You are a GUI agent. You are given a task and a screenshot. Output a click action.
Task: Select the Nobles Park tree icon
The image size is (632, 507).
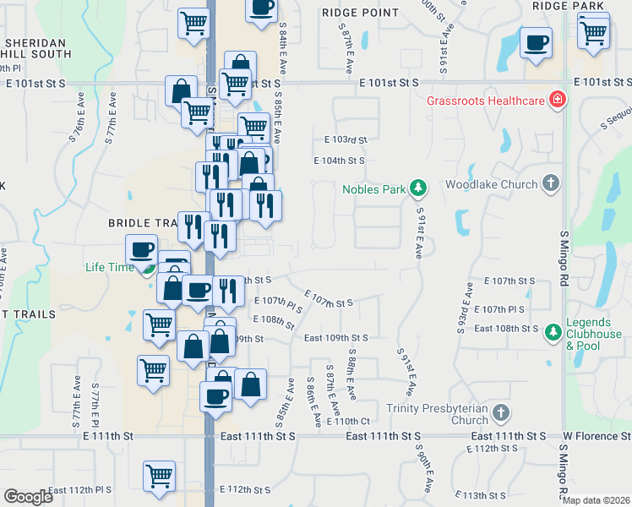click(417, 187)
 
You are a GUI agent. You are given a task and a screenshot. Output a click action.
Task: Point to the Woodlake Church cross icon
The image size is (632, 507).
click(550, 183)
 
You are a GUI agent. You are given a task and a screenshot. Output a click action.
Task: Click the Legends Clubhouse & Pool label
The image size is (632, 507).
click(589, 334)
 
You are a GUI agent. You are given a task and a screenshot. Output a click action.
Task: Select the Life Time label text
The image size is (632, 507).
click(110, 268)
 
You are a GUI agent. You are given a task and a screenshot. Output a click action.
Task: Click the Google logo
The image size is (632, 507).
click(28, 497)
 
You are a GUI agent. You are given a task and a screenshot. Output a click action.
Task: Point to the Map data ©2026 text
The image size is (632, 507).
click(595, 500)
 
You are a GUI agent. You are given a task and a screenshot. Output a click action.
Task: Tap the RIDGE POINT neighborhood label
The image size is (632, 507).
click(360, 13)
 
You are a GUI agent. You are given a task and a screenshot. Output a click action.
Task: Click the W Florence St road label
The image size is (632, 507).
click(597, 436)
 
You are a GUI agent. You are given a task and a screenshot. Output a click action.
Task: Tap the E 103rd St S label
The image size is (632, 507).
click(346, 139)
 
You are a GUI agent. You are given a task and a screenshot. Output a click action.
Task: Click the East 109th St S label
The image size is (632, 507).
click(335, 338)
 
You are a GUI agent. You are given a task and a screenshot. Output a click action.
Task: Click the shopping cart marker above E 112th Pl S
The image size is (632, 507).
click(159, 477)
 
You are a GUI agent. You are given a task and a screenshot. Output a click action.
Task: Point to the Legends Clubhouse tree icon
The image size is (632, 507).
click(553, 329)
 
